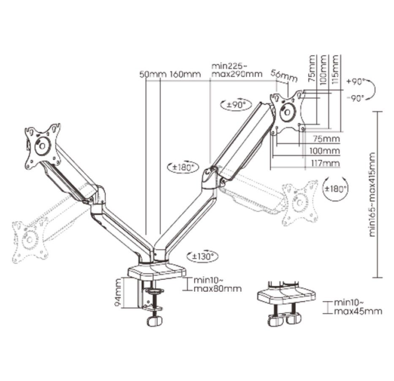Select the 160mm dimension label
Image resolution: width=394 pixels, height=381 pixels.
pyautogui.click(x=185, y=74)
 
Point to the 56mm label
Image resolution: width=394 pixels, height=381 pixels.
pyautogui.click(x=284, y=76)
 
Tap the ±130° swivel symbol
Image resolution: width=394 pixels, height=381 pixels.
pyautogui.click(x=203, y=256)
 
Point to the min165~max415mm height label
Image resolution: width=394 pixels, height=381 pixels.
pyautogui.click(x=372, y=195)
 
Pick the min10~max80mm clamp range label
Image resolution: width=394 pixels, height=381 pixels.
pyautogui.click(x=217, y=284)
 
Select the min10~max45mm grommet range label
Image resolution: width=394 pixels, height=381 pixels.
pyautogui.click(x=358, y=307)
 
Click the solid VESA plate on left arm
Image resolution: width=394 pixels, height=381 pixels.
pyautogui.click(x=43, y=146)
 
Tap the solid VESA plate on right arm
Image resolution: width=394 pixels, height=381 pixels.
pyautogui.click(x=288, y=111)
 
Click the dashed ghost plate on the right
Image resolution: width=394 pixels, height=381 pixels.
pyautogui.click(x=300, y=203)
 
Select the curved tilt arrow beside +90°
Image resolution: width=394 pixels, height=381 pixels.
pyautogui.click(x=372, y=89)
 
